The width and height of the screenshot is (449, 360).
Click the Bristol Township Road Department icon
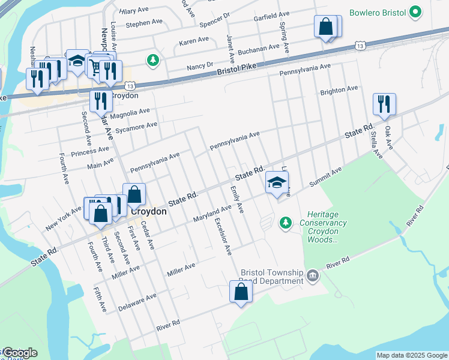[x=313, y=275]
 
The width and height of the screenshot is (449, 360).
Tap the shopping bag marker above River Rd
[x=241, y=292]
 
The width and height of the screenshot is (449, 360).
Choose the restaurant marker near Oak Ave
[x=384, y=104]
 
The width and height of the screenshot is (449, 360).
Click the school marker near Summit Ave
[x=277, y=183]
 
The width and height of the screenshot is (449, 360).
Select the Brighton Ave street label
[x=339, y=91]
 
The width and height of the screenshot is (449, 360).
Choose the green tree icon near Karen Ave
[x=154, y=59]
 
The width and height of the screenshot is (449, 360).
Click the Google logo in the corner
[x=19, y=353]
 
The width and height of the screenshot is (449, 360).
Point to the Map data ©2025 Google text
[x=412, y=355]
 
